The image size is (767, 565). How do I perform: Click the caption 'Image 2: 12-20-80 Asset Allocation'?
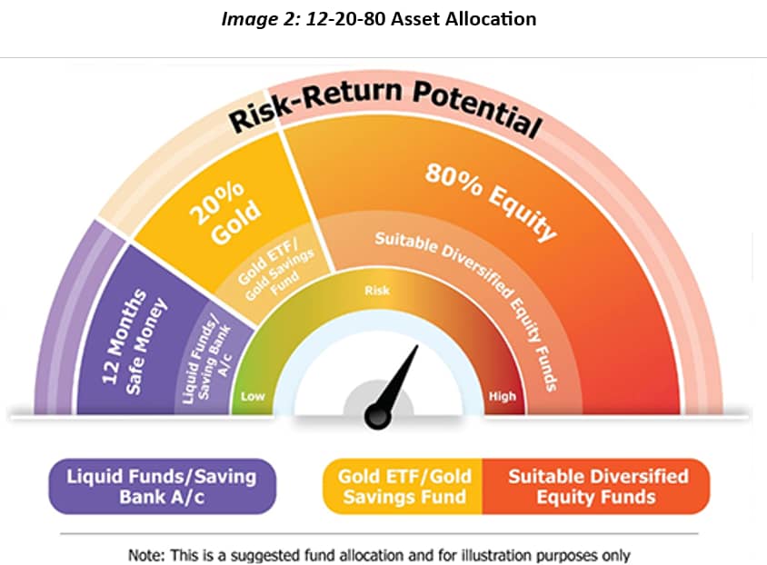[x=379, y=19]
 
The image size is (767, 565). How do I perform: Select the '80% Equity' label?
[x=491, y=201]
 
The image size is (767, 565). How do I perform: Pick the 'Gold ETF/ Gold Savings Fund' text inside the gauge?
[x=275, y=271]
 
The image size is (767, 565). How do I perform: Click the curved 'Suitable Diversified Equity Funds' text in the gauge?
[x=473, y=299]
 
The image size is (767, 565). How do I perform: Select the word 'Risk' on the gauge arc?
[x=377, y=291]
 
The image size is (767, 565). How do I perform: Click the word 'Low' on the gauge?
[x=253, y=396]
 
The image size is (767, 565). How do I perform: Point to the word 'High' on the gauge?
[x=502, y=396]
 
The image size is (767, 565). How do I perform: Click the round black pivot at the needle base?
[x=378, y=417]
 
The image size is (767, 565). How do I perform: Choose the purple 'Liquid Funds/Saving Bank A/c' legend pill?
[x=162, y=486]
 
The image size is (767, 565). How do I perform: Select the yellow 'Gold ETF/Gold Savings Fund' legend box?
[x=403, y=486]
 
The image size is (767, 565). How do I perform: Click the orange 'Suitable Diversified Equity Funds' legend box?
[x=596, y=486]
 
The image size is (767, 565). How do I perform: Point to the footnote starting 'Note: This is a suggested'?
[x=379, y=555]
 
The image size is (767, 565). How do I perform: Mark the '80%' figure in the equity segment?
[x=453, y=179]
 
